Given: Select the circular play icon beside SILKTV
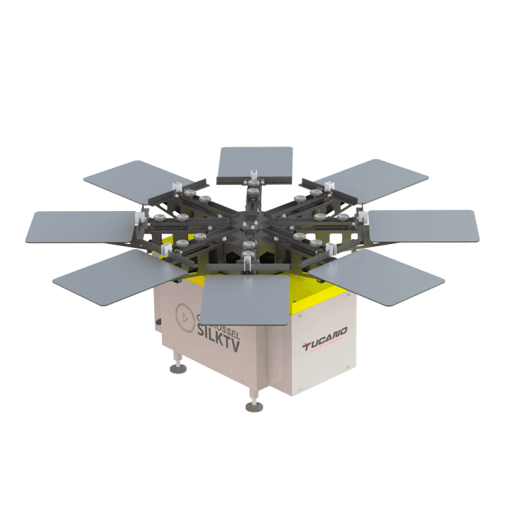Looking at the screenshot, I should [184, 314].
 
